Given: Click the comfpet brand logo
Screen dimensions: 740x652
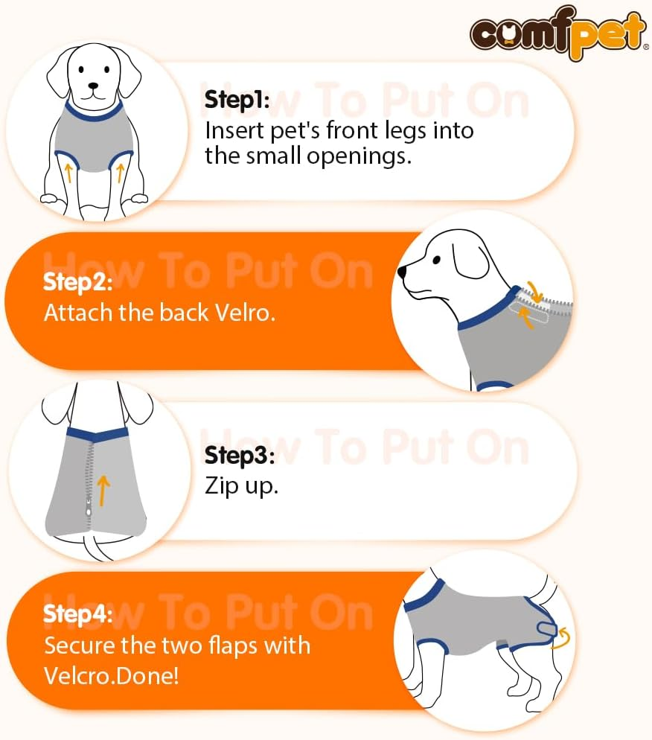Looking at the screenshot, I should click(557, 34).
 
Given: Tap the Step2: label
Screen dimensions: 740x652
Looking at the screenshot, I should click(78, 282).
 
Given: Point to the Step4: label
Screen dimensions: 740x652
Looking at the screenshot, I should click(78, 614).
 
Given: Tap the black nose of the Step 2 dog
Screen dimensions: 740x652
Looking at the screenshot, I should click(403, 273).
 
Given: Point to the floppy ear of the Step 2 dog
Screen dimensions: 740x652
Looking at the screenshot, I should click(470, 261).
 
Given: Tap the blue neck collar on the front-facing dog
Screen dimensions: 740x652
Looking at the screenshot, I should click(93, 113).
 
